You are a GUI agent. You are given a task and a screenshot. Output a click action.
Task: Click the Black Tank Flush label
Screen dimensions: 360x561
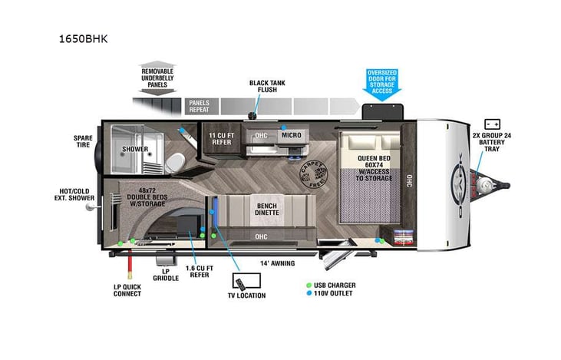(x=268, y=87)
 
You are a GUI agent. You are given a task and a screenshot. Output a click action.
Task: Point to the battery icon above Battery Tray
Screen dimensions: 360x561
(x=492, y=123)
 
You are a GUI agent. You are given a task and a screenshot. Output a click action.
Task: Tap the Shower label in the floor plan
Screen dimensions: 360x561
(x=135, y=149)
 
